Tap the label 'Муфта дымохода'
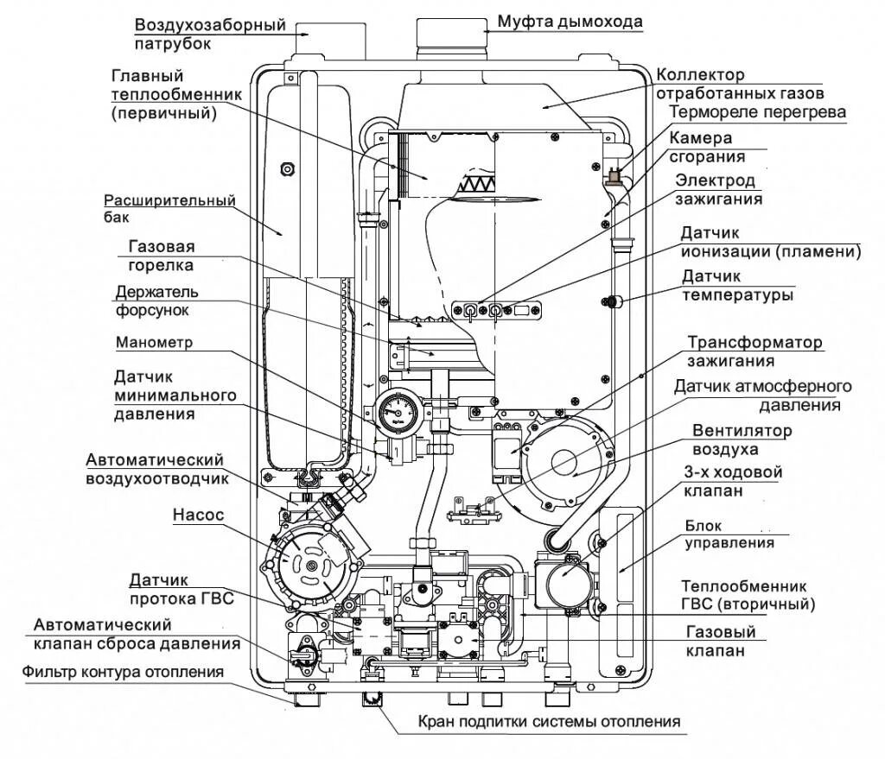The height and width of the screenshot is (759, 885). tap(570, 21)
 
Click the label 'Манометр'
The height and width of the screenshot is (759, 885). tap(154, 342)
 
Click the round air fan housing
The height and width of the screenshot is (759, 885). tap(571, 462)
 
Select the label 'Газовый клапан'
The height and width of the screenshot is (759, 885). tap(715, 642)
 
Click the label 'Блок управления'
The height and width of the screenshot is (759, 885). tap(729, 534)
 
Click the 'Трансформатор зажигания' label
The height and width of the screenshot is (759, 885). tap(754, 351)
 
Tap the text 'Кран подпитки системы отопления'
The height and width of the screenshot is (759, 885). tap(550, 721)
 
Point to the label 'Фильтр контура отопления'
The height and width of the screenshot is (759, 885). tap(123, 671)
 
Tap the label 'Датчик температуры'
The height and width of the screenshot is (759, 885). tap(736, 286)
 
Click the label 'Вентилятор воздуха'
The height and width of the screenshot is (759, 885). tap(742, 440)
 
